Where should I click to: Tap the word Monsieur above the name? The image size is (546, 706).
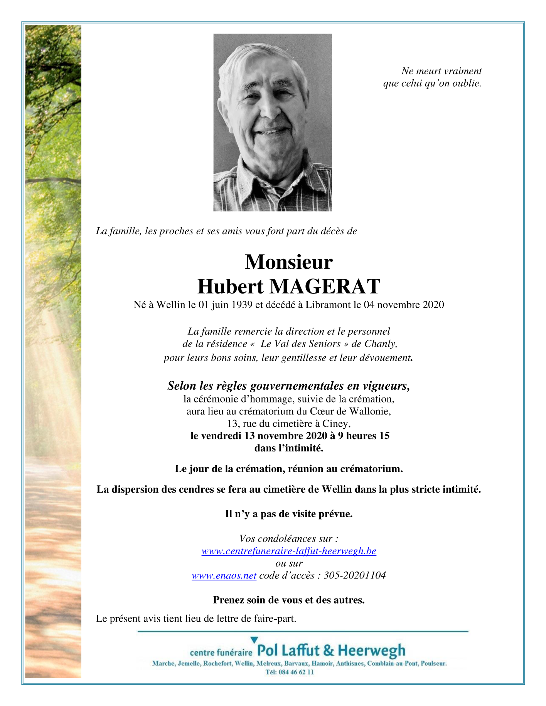[288, 262]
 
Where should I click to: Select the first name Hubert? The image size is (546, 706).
[230, 287]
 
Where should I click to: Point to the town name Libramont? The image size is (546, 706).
[328, 305]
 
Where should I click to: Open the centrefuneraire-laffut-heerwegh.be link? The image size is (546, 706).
[289, 551]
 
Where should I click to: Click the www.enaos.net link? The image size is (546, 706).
[224, 576]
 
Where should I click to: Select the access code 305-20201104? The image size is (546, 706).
[355, 576]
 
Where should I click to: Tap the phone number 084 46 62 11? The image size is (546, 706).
[295, 672]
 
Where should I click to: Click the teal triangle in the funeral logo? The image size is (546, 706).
[254, 640]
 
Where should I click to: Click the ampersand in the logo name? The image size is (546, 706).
[329, 651]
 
